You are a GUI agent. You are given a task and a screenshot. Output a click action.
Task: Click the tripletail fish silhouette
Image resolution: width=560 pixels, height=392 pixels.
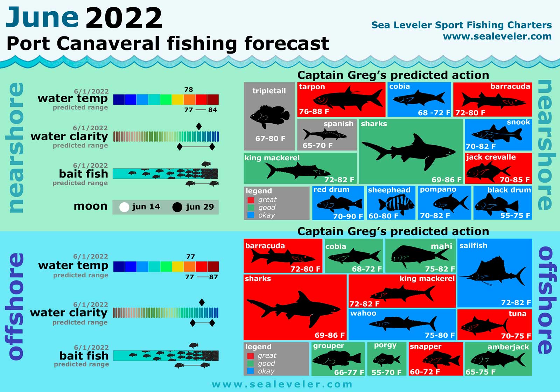point(270,116)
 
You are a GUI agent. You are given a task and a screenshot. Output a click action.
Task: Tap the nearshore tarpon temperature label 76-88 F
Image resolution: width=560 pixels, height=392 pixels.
point(314,112)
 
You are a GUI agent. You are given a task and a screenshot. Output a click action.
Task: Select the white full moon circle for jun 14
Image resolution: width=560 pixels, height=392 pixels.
point(124,207)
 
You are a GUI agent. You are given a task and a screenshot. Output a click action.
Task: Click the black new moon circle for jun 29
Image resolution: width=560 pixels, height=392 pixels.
point(177,207)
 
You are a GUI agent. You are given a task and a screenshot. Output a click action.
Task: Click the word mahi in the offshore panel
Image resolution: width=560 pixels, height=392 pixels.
point(441,246)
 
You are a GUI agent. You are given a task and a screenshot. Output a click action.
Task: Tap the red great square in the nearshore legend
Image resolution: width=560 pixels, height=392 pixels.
point(251,200)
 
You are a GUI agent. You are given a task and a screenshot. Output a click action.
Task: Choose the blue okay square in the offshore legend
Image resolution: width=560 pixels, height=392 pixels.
point(251,371)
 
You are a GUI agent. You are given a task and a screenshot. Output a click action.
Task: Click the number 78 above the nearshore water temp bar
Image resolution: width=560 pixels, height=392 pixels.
point(189,90)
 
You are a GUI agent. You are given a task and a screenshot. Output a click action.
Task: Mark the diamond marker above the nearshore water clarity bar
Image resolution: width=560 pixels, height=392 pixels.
point(199,126)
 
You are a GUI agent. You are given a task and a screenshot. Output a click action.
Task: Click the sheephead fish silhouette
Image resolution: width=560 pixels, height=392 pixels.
point(392,204)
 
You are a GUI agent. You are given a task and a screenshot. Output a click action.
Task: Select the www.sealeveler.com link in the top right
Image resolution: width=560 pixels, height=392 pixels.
point(497,36)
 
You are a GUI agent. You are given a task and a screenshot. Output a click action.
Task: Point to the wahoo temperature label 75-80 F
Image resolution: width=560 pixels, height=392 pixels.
point(440,335)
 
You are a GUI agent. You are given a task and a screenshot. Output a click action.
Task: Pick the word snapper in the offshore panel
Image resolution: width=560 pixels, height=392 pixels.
point(426,346)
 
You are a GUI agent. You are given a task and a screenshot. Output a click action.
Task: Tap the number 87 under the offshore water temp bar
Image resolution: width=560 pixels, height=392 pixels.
point(213,277)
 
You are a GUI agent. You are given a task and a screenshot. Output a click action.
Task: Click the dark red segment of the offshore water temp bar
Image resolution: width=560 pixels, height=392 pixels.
point(213,267)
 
